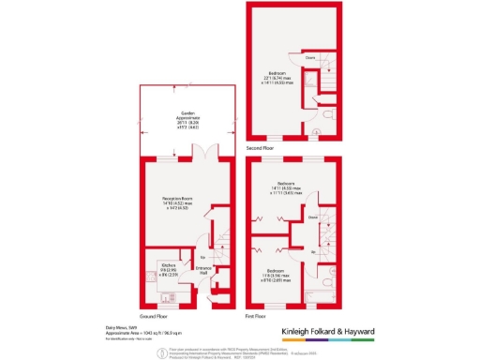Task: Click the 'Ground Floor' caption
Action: point(153,317)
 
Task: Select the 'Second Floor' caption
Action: point(261,148)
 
